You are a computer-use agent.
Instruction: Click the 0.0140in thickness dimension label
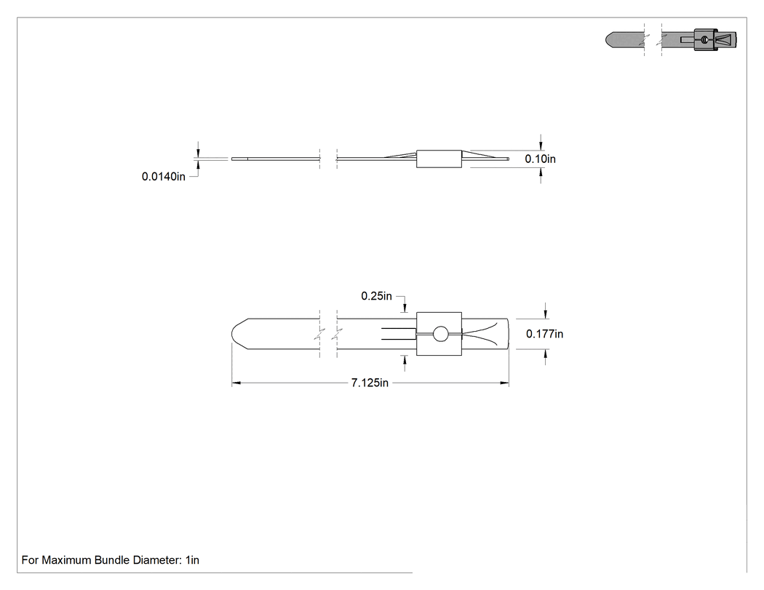click(x=164, y=176)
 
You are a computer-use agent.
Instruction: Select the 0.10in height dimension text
click(x=540, y=159)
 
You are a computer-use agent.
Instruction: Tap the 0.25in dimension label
click(x=376, y=296)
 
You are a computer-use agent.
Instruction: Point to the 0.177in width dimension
click(x=544, y=334)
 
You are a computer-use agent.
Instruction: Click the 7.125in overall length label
click(x=370, y=383)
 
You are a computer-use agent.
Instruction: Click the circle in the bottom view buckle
click(x=440, y=334)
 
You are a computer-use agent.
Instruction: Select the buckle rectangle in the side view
click(x=439, y=159)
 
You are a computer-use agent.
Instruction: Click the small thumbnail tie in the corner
click(x=671, y=39)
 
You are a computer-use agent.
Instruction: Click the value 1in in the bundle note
click(x=193, y=559)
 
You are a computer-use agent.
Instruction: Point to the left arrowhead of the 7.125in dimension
click(x=236, y=383)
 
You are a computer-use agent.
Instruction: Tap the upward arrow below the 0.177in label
click(x=545, y=356)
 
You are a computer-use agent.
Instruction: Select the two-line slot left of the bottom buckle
click(x=399, y=334)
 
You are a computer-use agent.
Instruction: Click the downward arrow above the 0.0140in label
click(x=198, y=149)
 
